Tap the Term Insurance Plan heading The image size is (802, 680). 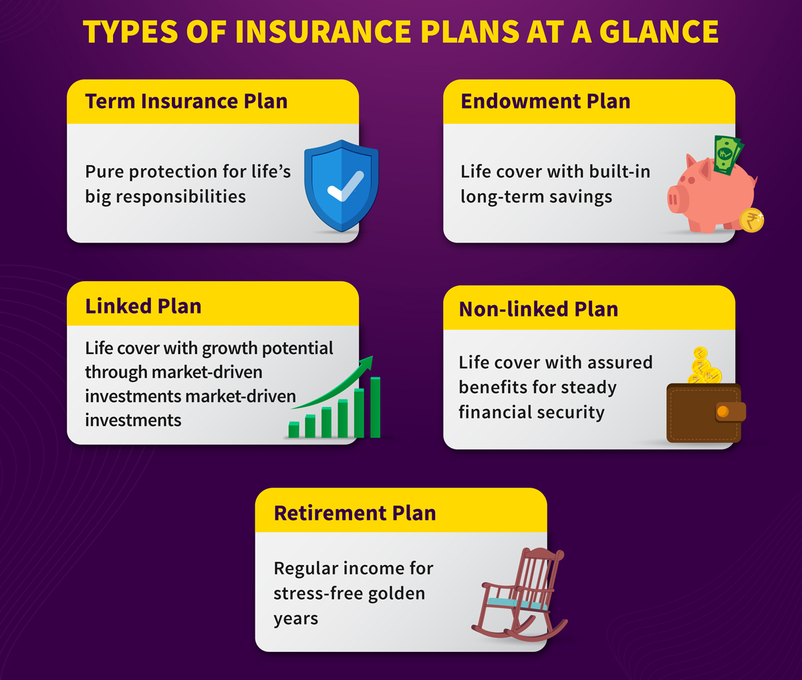click(x=186, y=102)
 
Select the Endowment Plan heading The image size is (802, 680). click(x=545, y=102)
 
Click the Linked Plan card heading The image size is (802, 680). click(x=143, y=306)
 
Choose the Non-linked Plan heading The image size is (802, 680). click(x=538, y=309)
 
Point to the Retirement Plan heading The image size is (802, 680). click(x=355, y=513)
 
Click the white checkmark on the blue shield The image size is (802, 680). click(x=346, y=186)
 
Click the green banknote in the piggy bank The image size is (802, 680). click(x=728, y=155)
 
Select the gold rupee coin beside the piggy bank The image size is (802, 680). click(x=752, y=220)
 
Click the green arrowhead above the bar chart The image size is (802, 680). click(x=366, y=363)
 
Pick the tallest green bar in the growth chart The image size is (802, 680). click(x=375, y=407)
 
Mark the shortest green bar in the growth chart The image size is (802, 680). click(x=293, y=430)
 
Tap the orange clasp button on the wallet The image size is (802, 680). click(x=722, y=411)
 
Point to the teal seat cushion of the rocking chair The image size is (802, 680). click(x=517, y=603)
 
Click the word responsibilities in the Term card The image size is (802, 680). click(x=181, y=196)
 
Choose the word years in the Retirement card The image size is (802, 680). click(x=295, y=619)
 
